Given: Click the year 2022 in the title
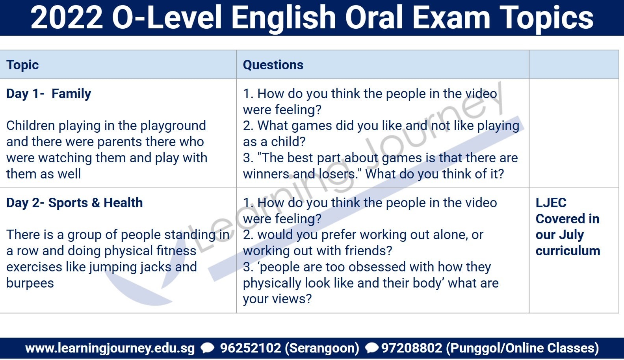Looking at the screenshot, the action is (x=67, y=18).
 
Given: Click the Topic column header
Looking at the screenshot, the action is (x=22, y=65).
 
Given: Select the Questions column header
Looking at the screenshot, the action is (x=273, y=65).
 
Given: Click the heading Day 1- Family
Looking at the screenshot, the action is (x=49, y=94).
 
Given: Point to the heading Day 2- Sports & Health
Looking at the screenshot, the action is (x=74, y=203).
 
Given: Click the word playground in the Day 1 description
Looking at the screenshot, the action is (x=173, y=126).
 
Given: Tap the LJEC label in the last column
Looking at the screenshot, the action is (x=551, y=203).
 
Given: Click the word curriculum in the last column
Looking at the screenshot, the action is (x=568, y=251).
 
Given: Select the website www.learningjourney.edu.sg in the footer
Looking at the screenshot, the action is (x=110, y=349).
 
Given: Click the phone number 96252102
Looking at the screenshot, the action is (x=251, y=348).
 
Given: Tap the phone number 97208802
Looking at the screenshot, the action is (x=411, y=348).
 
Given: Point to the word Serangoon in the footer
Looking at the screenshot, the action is (x=322, y=349).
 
